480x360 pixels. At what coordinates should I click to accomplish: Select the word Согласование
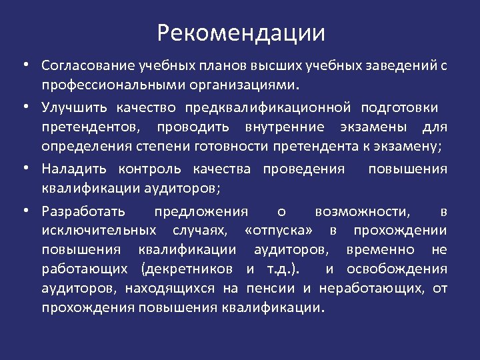[x=88, y=67]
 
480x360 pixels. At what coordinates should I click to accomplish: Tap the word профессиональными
[x=120, y=86]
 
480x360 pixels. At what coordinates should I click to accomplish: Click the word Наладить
[x=73, y=169]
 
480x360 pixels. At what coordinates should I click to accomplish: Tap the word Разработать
[x=82, y=212]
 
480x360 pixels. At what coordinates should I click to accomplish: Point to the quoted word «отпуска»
[x=283, y=231]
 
